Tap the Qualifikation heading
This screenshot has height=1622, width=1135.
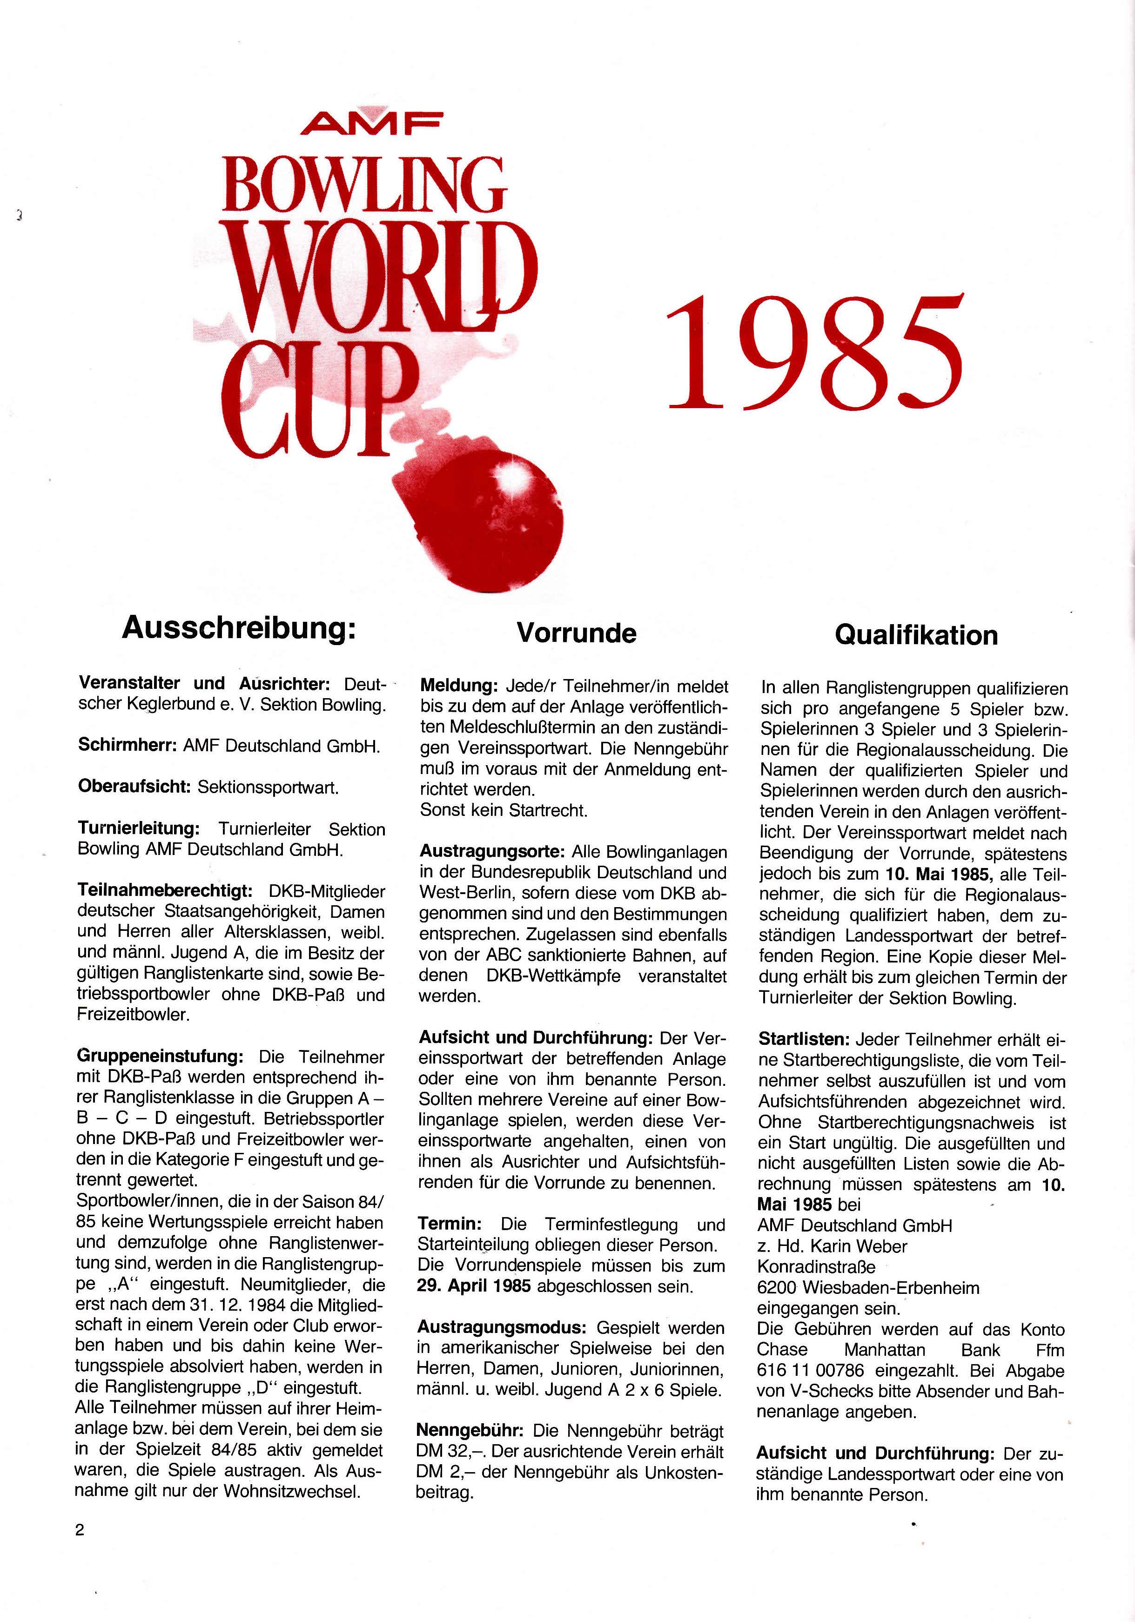point(916,635)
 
